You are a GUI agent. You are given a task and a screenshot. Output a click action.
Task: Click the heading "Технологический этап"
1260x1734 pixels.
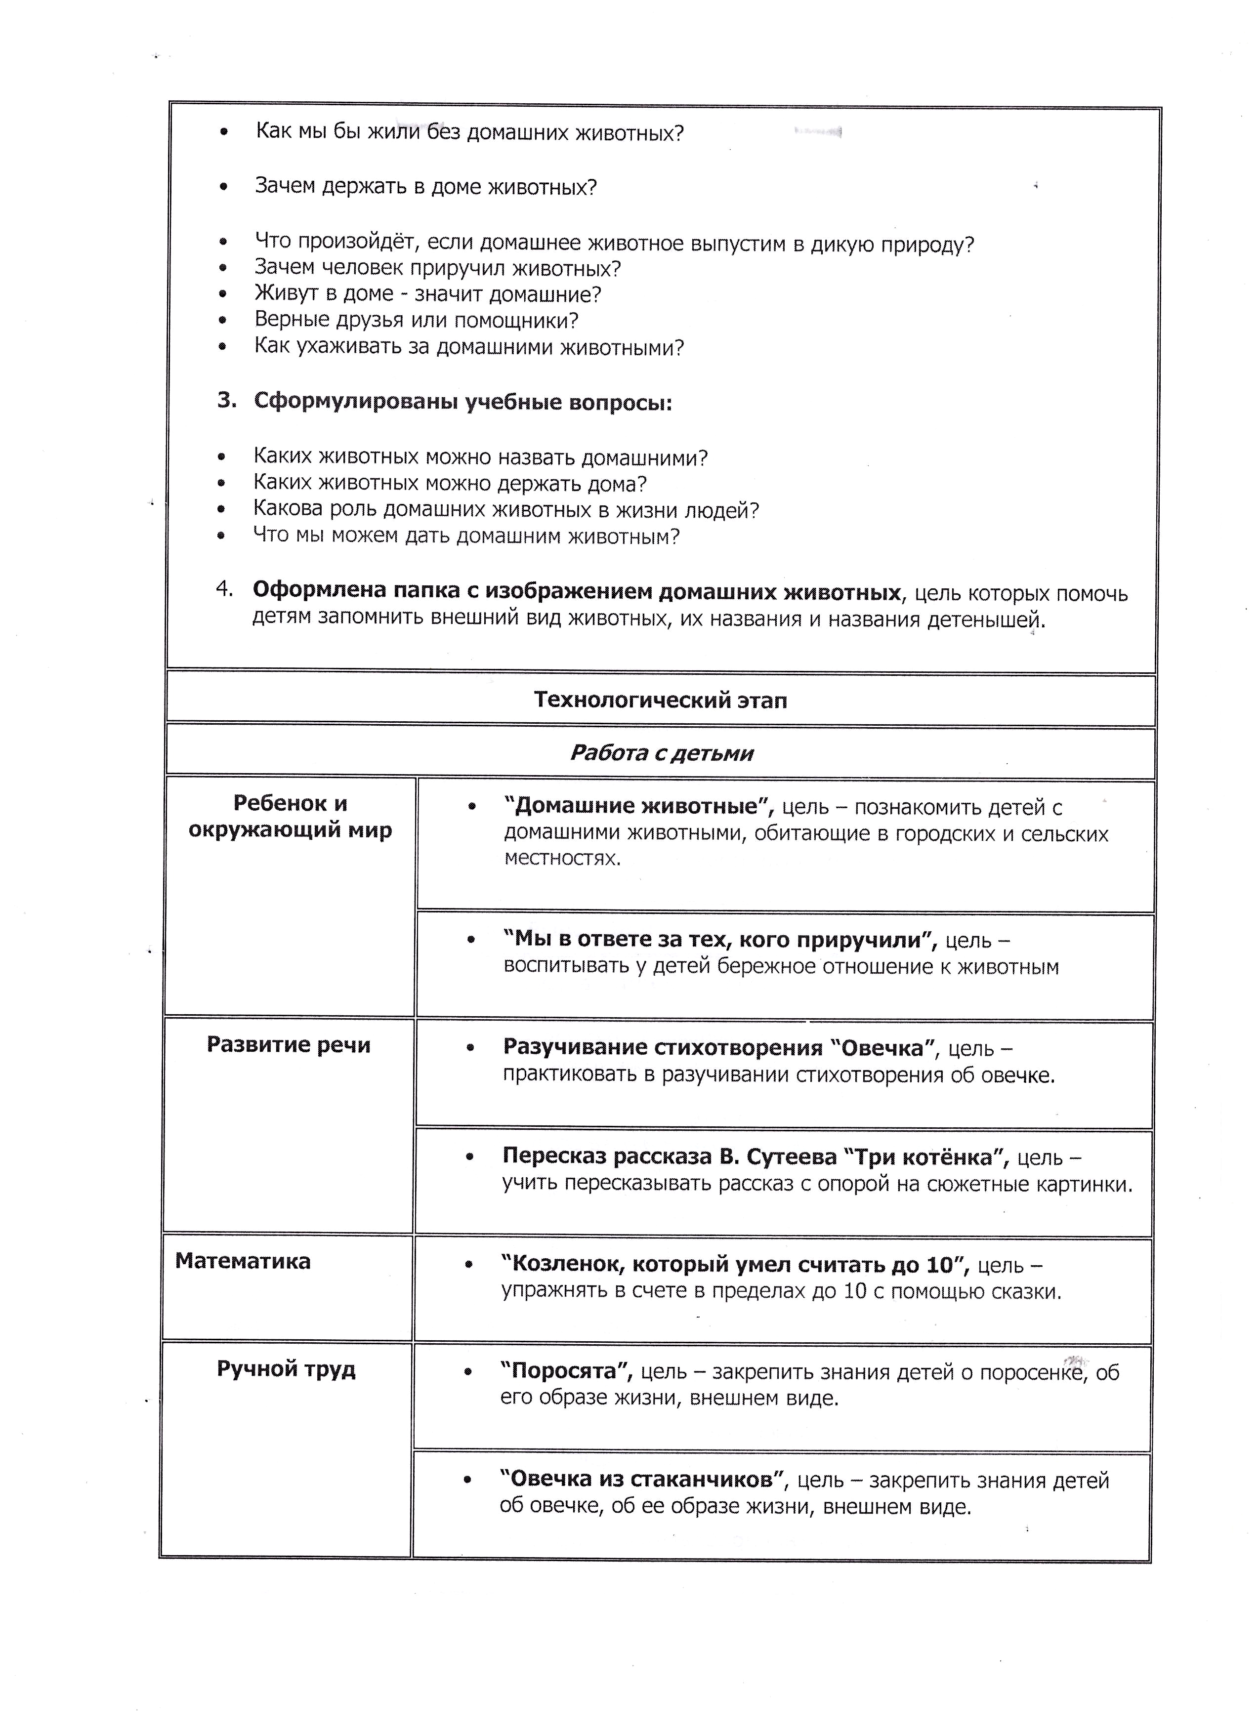[660, 701]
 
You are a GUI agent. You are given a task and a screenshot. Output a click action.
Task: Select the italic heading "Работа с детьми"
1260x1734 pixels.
[661, 753]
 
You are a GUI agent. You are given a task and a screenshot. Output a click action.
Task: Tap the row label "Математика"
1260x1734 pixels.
[243, 1261]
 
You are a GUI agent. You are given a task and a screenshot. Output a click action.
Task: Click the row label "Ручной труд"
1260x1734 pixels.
[286, 1368]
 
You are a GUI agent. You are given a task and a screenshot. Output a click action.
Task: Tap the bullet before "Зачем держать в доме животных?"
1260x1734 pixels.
[223, 187]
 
